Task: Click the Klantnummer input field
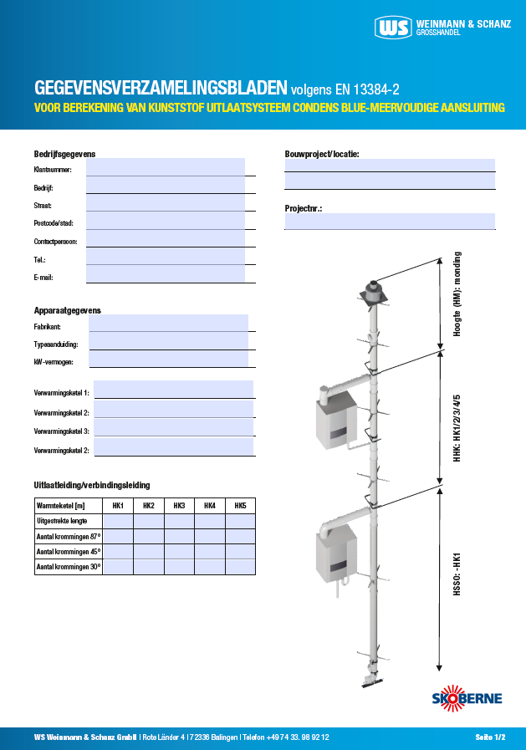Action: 165,167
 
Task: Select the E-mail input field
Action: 165,274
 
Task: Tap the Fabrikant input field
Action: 168,324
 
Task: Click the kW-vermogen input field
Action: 168,360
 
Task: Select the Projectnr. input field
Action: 390,222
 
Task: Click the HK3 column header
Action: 179,506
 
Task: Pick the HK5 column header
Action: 240,506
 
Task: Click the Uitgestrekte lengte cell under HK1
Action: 118,521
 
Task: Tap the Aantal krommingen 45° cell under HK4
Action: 209,552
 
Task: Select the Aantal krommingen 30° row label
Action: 68,567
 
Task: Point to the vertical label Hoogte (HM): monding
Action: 457,294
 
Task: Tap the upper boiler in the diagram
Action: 335,419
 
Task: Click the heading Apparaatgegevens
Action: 67,310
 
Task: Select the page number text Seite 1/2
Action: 490,737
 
